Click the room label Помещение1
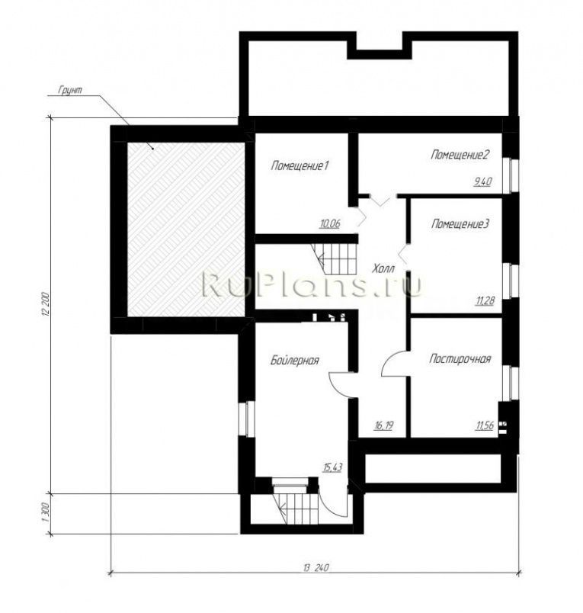pyautogui.click(x=300, y=166)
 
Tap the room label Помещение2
pyautogui.click(x=460, y=155)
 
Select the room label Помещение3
pyautogui.click(x=460, y=224)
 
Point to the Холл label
pyautogui.click(x=383, y=268)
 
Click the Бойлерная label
pyautogui.click(x=295, y=360)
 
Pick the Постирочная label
pyautogui.click(x=460, y=359)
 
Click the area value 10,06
pyautogui.click(x=330, y=224)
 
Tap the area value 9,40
pyautogui.click(x=482, y=181)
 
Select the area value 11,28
pyautogui.click(x=485, y=301)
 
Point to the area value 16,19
pyautogui.click(x=383, y=425)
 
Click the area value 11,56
pyautogui.click(x=484, y=425)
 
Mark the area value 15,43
pyautogui.click(x=332, y=467)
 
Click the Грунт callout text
pyautogui.click(x=70, y=89)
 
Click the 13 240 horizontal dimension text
pyautogui.click(x=316, y=567)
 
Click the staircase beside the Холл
pyautogui.click(x=335, y=258)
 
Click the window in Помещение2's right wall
pyautogui.click(x=512, y=175)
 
